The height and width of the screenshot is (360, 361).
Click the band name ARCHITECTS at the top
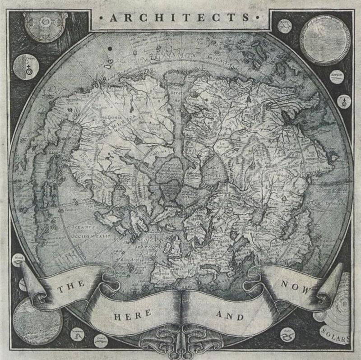click(x=180, y=18)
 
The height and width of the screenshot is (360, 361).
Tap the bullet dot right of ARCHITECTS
click(x=257, y=18)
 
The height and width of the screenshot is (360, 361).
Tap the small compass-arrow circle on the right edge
click(x=344, y=102)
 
